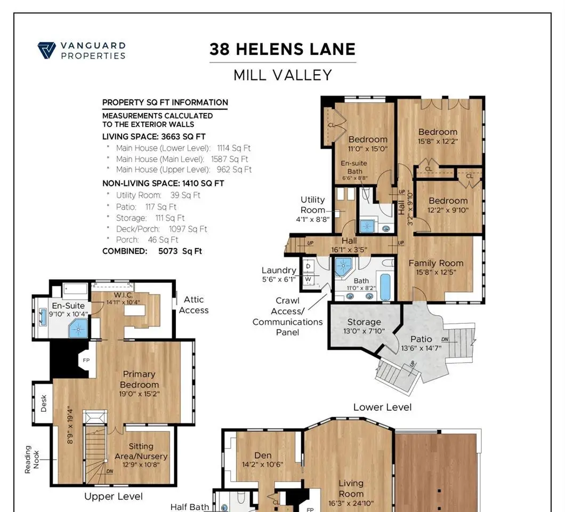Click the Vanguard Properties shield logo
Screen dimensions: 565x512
[x=47, y=50]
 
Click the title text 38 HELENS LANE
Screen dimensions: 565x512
[x=282, y=50]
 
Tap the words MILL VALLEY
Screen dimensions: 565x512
[x=282, y=75]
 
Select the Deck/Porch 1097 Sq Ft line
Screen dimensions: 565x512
[x=162, y=229]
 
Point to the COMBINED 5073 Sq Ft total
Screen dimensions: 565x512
[x=152, y=251]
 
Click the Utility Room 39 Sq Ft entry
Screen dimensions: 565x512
[x=158, y=195]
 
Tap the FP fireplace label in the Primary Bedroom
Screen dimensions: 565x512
[x=86, y=360]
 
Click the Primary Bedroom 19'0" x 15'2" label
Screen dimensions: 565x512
[x=139, y=384]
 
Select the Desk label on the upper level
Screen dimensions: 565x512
[x=44, y=403]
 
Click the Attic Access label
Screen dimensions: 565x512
[x=194, y=305]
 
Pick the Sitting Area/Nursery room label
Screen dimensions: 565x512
[x=141, y=455]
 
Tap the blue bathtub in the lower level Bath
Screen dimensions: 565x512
[x=385, y=287]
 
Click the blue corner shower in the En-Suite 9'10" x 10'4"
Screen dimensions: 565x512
[x=78, y=329]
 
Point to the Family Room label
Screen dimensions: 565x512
[x=436, y=267]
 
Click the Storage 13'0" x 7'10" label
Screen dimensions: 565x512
[x=364, y=326]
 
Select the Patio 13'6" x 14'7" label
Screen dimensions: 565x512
[x=421, y=343]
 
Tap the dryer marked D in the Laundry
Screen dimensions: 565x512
[x=308, y=267]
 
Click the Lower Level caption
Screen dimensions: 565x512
[x=382, y=407]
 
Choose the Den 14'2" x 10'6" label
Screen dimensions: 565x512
[x=263, y=460]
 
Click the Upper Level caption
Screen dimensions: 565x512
[x=114, y=497]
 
